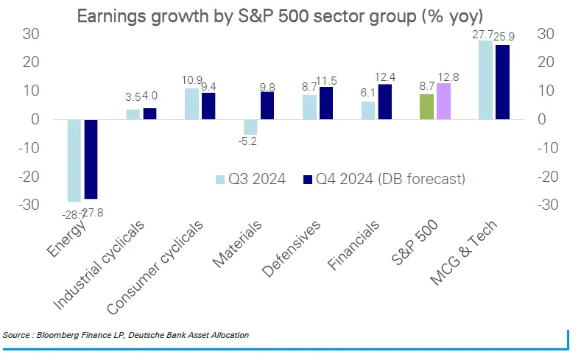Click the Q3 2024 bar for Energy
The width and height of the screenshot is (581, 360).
tap(74, 160)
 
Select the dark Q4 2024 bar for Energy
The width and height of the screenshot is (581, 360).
tap(91, 158)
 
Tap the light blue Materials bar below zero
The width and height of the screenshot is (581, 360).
tap(250, 126)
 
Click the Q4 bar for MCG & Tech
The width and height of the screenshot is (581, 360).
tap(502, 82)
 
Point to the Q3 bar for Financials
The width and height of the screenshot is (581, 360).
tap(368, 110)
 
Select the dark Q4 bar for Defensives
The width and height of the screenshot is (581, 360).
tap(326, 102)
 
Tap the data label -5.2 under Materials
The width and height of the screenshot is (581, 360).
tap(249, 141)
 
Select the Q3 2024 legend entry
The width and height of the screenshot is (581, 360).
tap(250, 179)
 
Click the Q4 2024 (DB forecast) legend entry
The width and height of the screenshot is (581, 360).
tap(384, 179)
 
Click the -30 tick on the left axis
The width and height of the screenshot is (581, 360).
tap(27, 205)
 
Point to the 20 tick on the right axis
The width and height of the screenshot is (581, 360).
tap(546, 62)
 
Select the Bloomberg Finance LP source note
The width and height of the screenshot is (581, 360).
tap(126, 335)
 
